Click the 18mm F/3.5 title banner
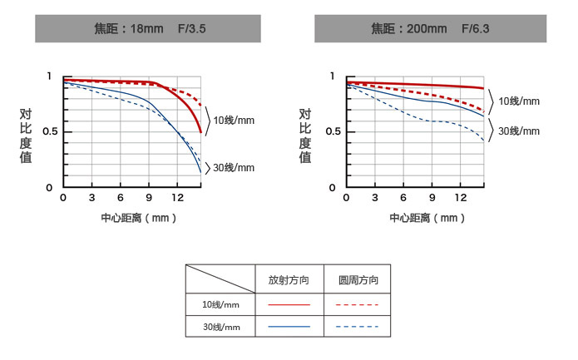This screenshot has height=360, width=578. coord(149,29)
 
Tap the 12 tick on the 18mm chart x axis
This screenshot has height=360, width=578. coord(177,198)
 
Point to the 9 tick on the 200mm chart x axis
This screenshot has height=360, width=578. coord(432,198)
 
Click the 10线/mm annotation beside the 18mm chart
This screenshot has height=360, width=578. coord(234,121)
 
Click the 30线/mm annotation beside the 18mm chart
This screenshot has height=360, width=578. coord(234,167)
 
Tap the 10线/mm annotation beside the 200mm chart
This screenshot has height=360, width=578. coord(518,101)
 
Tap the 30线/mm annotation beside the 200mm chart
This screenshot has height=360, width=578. coord(518,131)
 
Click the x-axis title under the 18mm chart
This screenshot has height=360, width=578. coord(134,219)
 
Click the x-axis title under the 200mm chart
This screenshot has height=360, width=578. coord(416,219)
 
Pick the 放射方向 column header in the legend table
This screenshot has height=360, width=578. coord(289,280)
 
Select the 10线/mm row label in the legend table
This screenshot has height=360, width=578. coord(220,304)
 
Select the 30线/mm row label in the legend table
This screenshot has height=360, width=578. coord(220,327)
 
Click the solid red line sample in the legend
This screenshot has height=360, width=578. coord(289,304)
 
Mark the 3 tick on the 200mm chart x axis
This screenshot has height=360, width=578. coord(374,198)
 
